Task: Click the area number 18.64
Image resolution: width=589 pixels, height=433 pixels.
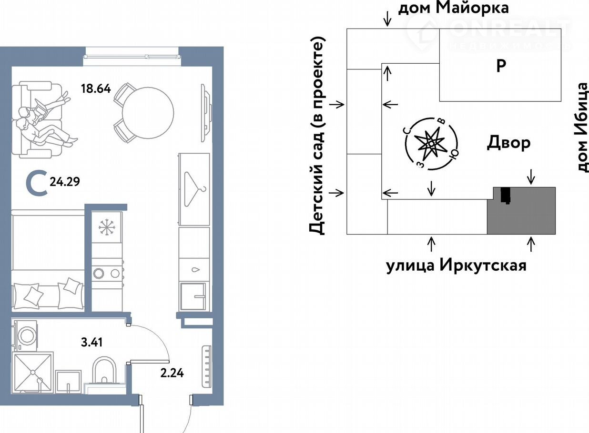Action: (x=96, y=89)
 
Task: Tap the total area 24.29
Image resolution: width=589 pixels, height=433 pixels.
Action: (x=65, y=181)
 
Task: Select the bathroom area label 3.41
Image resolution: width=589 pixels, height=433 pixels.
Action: (x=92, y=343)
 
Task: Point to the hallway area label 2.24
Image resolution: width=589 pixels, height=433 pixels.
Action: (x=172, y=373)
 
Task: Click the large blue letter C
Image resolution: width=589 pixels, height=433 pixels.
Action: (x=37, y=183)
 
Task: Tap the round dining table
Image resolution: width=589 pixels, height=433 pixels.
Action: (x=148, y=113)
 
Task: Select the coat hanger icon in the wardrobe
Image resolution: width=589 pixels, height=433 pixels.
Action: (x=194, y=189)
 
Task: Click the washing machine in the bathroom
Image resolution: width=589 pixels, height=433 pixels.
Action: (x=25, y=335)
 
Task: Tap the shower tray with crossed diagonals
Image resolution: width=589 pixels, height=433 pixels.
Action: (x=32, y=373)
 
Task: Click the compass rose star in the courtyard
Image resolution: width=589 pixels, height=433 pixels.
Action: (x=431, y=143)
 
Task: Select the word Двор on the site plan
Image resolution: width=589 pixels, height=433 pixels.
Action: (x=508, y=144)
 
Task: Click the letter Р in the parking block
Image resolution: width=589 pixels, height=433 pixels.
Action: (x=501, y=66)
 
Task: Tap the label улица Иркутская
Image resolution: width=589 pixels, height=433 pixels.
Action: (x=457, y=266)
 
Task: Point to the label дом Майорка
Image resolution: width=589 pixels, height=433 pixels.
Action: (x=453, y=8)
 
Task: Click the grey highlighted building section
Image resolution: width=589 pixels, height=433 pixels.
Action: (x=521, y=211)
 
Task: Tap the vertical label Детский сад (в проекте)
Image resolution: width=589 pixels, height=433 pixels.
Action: (x=317, y=136)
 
